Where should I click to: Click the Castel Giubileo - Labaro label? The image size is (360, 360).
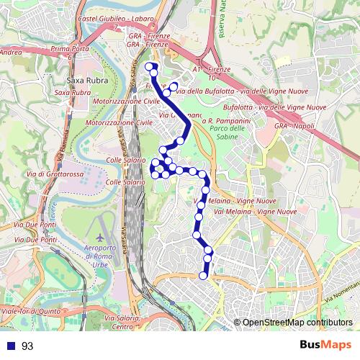coord(112,16)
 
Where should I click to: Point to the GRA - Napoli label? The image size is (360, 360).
coord(294,125)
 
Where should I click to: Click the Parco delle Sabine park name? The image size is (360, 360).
coord(231,132)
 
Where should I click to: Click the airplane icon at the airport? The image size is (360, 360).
coord(99,237)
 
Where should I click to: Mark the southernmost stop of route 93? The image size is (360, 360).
coord(203,275)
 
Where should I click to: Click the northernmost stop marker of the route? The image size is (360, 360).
coord(150,67)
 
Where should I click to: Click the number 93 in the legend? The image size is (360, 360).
coord(27,346)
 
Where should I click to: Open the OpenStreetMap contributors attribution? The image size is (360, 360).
coord(297,323)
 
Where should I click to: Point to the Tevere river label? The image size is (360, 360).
coord(55,210)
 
